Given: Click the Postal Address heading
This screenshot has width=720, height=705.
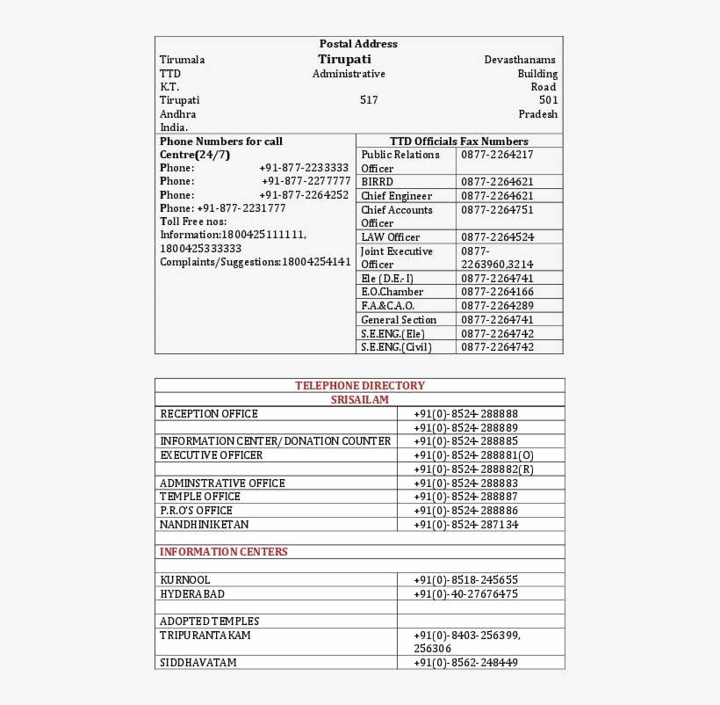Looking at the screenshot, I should [358, 44].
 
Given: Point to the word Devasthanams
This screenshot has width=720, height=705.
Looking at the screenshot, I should [520, 60].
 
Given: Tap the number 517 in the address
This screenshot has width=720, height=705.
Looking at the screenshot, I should [369, 100].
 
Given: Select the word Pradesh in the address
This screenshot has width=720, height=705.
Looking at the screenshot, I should [537, 114].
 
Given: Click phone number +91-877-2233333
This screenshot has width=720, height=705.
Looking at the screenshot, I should [304, 168].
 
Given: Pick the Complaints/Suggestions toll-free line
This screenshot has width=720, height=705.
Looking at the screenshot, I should [255, 262].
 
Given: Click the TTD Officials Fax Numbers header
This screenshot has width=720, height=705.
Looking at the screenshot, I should [458, 142].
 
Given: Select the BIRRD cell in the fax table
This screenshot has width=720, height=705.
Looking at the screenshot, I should [378, 182].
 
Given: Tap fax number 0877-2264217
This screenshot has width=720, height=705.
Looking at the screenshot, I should [497, 155].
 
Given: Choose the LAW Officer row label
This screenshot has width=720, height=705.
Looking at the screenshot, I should [390, 237].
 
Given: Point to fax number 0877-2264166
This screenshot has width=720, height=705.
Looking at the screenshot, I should [497, 292].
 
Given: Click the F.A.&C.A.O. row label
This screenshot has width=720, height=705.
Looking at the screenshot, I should [387, 306].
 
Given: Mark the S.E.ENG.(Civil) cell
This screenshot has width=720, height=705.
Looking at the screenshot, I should [397, 347].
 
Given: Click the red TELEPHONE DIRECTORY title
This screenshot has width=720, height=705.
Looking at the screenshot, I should [359, 386].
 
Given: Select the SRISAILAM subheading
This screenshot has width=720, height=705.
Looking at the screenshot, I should [359, 400].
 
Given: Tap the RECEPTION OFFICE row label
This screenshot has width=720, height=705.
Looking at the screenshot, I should [209, 414].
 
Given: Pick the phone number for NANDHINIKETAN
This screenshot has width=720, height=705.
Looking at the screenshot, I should [465, 525].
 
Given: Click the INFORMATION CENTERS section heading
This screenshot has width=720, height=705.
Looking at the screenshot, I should [223, 552].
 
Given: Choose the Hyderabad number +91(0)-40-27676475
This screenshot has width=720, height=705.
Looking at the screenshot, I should [465, 594].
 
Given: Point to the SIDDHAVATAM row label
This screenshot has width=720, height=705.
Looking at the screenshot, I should [198, 663].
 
